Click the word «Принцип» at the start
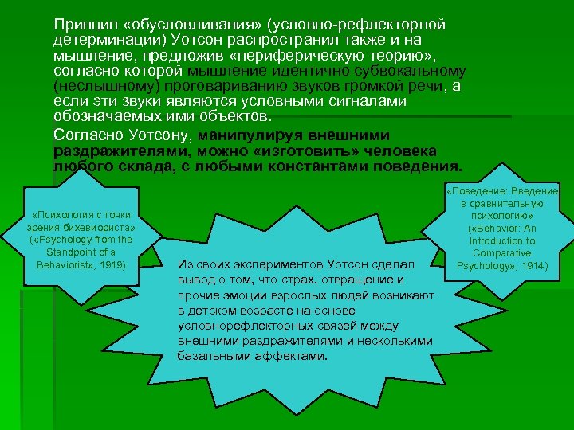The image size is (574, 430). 78,23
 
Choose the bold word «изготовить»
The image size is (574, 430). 306,151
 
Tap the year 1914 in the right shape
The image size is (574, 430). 531,264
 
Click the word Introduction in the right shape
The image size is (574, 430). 502,240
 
